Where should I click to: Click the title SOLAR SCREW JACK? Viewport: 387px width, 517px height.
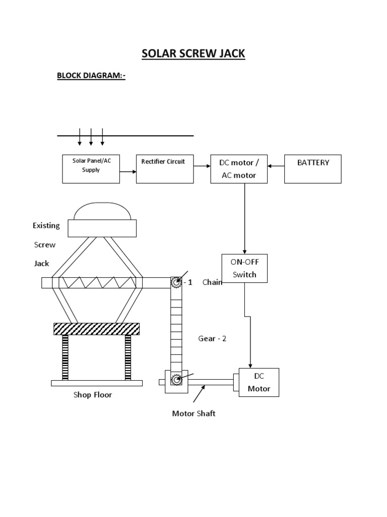pyautogui.click(x=193, y=54)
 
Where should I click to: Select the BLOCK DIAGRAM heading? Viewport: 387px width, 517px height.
pyautogui.click(x=91, y=76)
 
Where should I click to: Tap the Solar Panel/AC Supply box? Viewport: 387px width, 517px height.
pyautogui.click(x=91, y=169)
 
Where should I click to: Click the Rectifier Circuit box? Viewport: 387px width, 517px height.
pyautogui.click(x=164, y=169)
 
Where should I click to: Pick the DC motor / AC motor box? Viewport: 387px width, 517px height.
pyautogui.click(x=239, y=169)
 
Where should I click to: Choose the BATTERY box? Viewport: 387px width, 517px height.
pyautogui.click(x=312, y=169)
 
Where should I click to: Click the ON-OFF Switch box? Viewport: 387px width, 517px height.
pyautogui.click(x=244, y=268)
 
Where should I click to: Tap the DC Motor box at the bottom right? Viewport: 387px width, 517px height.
pyautogui.click(x=259, y=382)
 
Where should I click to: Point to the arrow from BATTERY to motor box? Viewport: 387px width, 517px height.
pyautogui.click(x=276, y=165)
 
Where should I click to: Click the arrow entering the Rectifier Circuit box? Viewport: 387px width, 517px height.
pyautogui.click(x=128, y=172)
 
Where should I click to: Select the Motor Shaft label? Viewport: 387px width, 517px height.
pyautogui.click(x=193, y=413)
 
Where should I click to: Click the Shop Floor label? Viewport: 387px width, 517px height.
pyautogui.click(x=93, y=395)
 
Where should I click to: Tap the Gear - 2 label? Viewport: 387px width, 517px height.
pyautogui.click(x=212, y=339)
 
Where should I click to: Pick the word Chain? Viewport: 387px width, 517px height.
pyautogui.click(x=212, y=282)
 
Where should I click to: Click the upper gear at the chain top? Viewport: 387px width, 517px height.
pyautogui.click(x=176, y=282)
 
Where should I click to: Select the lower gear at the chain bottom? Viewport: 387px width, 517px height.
pyautogui.click(x=176, y=379)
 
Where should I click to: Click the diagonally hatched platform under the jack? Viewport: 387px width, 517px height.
pyautogui.click(x=97, y=329)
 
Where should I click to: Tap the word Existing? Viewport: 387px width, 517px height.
pyautogui.click(x=46, y=226)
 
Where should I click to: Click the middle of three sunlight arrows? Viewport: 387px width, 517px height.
pyautogui.click(x=91, y=136)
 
